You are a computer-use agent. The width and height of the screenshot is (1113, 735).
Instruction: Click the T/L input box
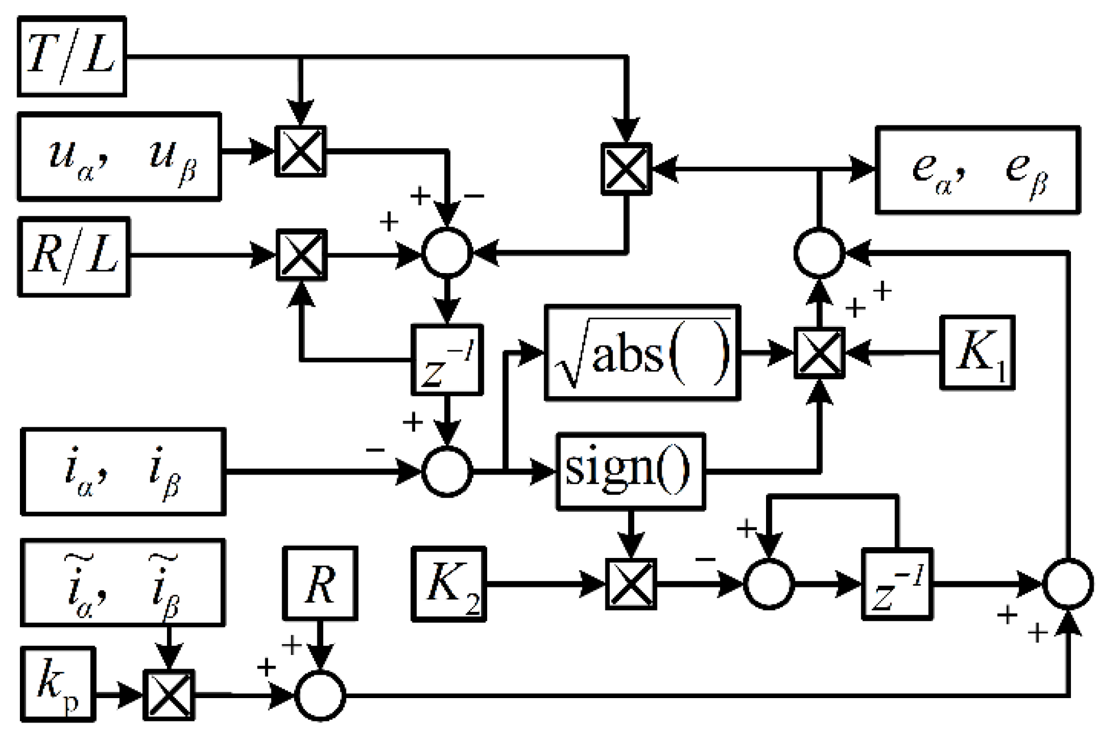click(72, 56)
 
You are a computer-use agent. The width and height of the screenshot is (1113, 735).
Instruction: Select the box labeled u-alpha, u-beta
click(119, 156)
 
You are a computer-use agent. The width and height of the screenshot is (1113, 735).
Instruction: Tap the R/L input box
click(74, 256)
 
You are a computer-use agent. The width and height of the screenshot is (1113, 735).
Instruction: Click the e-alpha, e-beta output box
click(977, 170)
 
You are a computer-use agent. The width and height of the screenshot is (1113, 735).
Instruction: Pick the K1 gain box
click(977, 352)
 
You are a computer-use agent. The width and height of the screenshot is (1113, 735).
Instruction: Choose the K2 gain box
click(449, 584)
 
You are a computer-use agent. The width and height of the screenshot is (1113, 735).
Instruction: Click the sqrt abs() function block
click(642, 353)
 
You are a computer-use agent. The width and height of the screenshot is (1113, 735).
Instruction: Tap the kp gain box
click(57, 684)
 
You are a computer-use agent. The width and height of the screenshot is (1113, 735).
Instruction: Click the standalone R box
click(320, 583)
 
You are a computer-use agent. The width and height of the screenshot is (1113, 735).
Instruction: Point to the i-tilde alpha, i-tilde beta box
click(123, 582)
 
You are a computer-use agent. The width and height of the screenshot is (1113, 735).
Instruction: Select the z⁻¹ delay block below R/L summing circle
click(447, 360)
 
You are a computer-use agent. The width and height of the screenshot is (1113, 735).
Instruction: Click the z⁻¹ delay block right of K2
click(897, 584)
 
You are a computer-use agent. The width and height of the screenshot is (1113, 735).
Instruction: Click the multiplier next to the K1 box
click(819, 353)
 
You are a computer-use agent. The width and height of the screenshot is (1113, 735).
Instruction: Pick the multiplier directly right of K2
click(631, 584)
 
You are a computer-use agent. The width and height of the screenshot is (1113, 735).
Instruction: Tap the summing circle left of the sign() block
click(447, 471)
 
